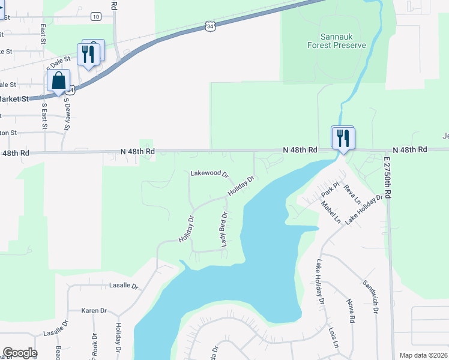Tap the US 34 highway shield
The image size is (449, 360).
point(208,26)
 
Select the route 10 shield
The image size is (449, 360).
point(96,16)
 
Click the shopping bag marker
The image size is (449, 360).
point(58,80)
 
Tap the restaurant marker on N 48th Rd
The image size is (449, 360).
point(343,139)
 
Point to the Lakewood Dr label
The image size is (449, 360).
point(209,173)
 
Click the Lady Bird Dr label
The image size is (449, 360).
point(224,229)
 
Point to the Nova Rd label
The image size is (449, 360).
point(351,311)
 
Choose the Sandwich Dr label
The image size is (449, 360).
point(372,295)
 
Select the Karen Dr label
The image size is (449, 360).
point(94,311)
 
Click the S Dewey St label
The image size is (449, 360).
point(67,115)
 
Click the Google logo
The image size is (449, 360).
point(20,353)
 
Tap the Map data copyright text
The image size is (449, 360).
point(423,355)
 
